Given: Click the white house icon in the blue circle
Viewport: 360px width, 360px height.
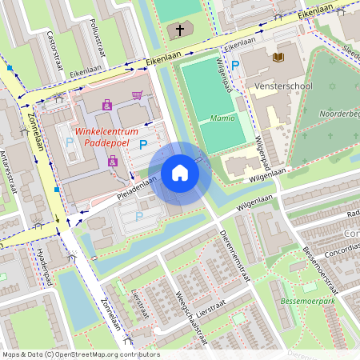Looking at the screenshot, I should tap(180, 173).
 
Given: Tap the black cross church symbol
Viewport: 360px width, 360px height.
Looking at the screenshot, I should tap(179, 32).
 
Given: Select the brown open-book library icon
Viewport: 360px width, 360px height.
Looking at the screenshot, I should tap(278, 57).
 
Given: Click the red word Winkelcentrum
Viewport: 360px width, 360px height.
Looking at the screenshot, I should tap(103, 131).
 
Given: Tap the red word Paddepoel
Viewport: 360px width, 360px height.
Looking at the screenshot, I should tap(106, 145).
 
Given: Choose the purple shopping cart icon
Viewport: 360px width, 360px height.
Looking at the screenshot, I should tap(137, 95).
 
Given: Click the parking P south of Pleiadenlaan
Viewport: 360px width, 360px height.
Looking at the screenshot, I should tap(138, 215).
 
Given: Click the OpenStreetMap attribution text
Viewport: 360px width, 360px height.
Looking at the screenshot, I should tap(80, 354).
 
